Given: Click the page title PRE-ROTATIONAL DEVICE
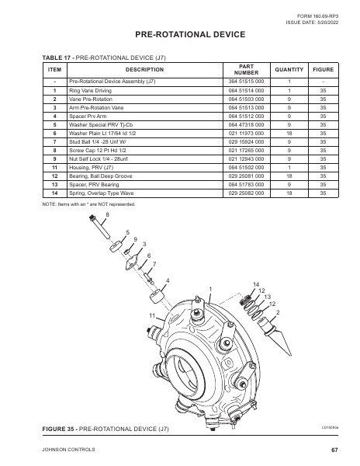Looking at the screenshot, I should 179,35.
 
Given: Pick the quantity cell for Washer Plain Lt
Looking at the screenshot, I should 289,133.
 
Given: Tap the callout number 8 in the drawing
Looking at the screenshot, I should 107,214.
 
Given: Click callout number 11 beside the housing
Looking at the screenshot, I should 152,315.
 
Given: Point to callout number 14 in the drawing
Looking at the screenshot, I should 255,284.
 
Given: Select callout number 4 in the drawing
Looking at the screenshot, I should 168,280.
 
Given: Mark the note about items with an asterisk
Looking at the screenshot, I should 89,204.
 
